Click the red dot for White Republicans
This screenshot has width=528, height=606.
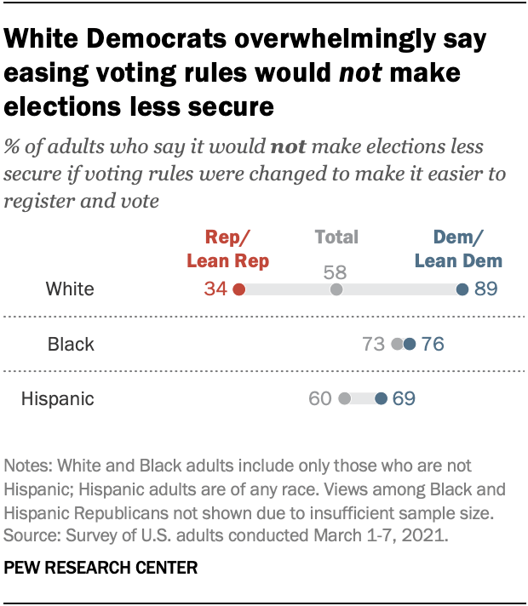[x=238, y=290]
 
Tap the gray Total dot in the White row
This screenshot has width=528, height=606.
[x=336, y=290]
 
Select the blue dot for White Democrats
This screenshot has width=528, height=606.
[x=462, y=290]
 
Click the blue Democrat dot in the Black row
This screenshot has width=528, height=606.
[x=410, y=345]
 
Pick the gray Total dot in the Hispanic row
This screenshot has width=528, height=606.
[x=344, y=398]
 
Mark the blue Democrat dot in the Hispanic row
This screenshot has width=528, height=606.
[x=381, y=398]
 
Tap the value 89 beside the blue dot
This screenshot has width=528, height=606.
[x=485, y=290]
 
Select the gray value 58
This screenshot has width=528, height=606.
[x=336, y=272]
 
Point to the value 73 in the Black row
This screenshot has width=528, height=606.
[x=375, y=345]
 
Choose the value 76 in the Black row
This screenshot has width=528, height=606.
[x=433, y=345]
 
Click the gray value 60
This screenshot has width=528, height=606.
[x=320, y=398]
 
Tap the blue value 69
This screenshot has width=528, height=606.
[x=404, y=398]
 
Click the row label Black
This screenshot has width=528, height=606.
[x=71, y=345]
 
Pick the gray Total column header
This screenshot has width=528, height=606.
[x=336, y=237]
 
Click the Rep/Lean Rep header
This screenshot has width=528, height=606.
[x=228, y=249]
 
